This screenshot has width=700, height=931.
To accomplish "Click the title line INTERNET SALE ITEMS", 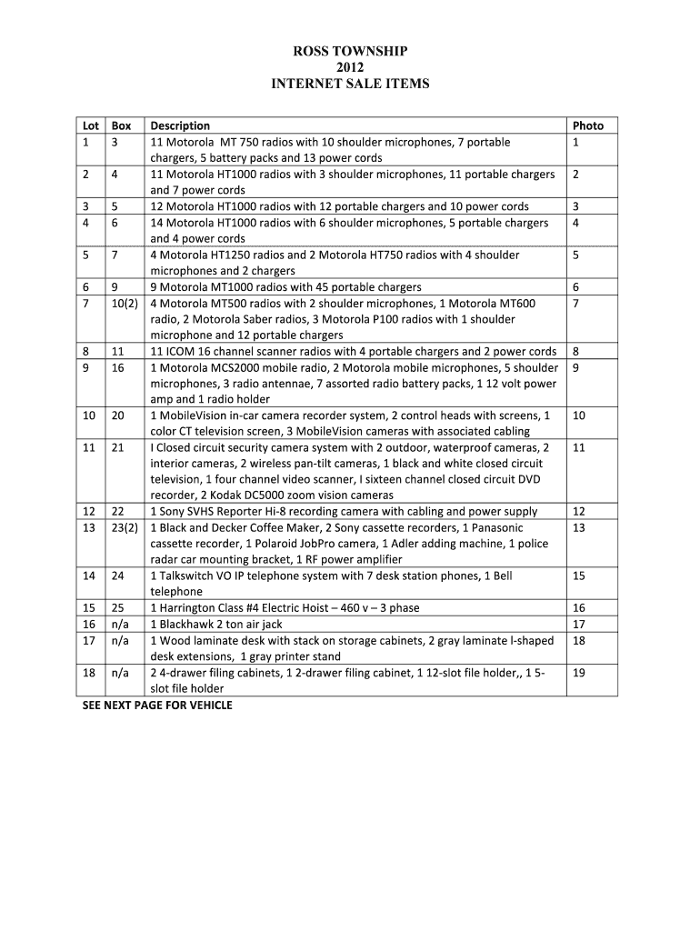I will click(349, 84).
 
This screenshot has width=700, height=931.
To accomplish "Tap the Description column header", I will click(180, 125).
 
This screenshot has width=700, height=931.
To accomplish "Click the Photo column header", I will click(588, 125).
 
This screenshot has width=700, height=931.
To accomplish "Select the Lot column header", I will click(90, 125).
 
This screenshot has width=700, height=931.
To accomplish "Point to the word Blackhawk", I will click(187, 625).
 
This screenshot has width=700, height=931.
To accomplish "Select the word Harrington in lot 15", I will click(189, 608).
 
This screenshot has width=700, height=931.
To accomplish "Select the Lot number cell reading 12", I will click(88, 511).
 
